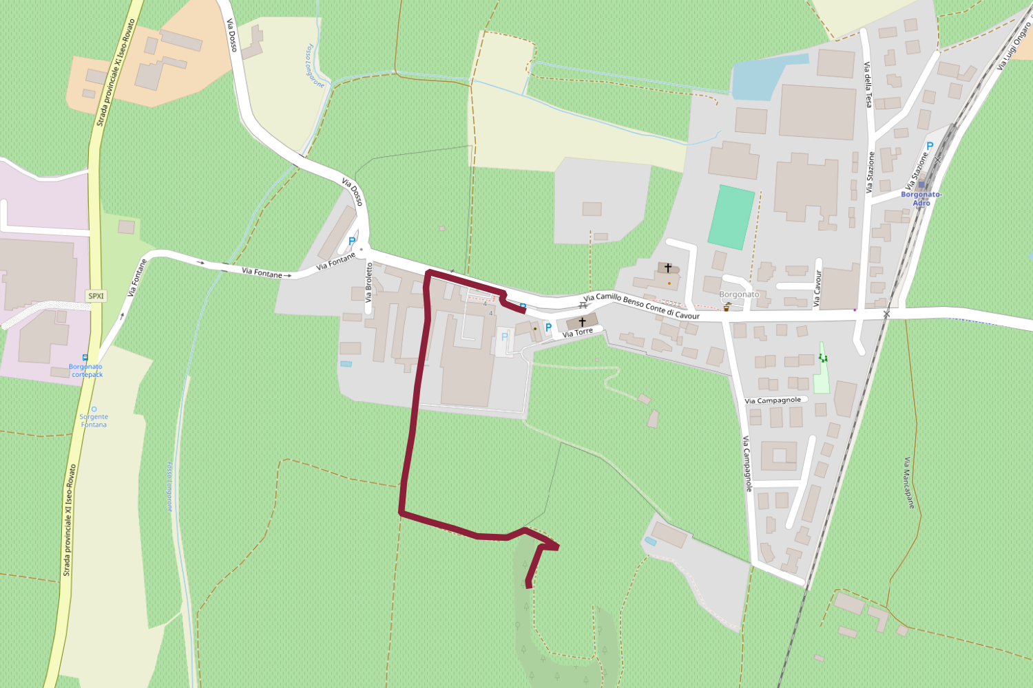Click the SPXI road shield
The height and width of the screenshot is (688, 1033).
[96, 297]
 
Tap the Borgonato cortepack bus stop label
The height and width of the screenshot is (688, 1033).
[87, 371]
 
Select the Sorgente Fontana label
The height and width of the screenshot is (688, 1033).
[94, 420]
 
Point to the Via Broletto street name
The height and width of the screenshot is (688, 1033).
[369, 283]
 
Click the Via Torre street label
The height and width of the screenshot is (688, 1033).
[577, 333]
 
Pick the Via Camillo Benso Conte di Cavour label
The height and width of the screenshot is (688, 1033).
[641, 306]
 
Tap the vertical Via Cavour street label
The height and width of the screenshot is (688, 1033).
[817, 288]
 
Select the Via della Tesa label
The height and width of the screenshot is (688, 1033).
[868, 85]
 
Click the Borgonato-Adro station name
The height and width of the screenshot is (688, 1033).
[921, 199]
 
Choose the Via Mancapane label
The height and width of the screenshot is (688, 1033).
[910, 483]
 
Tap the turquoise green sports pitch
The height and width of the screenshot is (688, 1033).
[731, 217]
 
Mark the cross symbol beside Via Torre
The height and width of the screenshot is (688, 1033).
[582, 321]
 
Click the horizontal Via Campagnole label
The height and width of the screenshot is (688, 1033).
[773, 400]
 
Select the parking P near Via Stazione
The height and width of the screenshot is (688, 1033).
[930, 146]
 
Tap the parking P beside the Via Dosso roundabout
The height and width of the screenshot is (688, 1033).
[352, 241]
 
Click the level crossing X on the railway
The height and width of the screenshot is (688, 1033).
[886, 314]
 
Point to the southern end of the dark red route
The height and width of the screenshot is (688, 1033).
[528, 585]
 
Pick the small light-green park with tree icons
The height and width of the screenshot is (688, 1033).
[821, 372]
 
